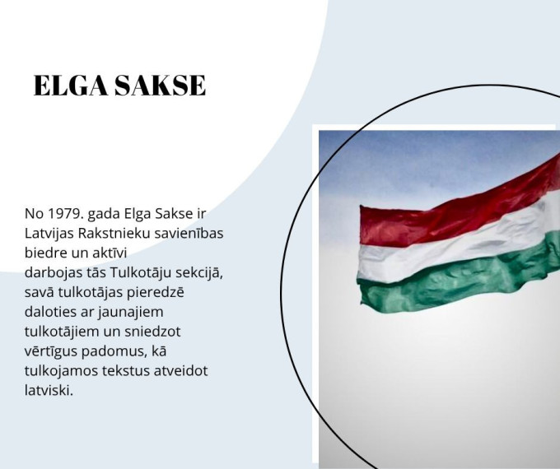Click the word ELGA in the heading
click(x=68, y=86)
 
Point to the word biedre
click(x=46, y=253)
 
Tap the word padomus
click(x=121, y=351)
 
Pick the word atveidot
click(x=180, y=370)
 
